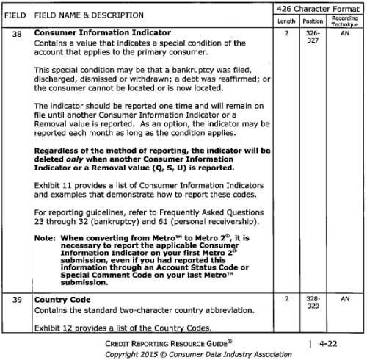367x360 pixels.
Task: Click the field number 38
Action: pos(17,33)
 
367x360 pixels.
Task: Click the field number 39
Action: pos(17,300)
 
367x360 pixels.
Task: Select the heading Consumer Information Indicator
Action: pos(102,33)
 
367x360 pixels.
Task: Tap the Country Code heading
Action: pos(63,300)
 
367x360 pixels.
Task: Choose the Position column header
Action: pos(313,20)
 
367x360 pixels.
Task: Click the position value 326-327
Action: pos(313,37)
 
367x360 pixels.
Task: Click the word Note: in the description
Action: pos(46,239)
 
